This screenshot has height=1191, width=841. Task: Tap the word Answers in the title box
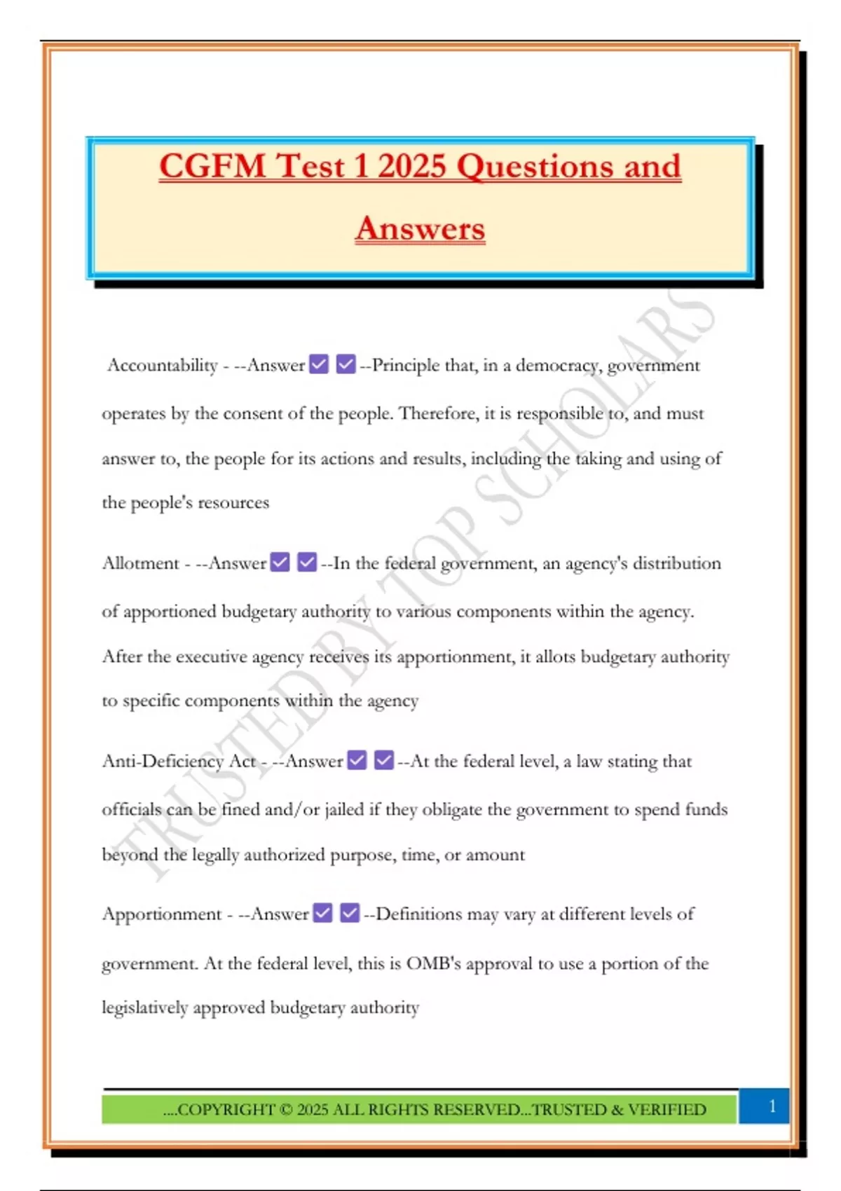tap(420, 228)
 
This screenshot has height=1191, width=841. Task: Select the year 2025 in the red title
tap(411, 167)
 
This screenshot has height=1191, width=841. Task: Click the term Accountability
tap(163, 365)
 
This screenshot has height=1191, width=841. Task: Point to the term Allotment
tap(141, 563)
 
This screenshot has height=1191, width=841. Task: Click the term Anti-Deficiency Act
tap(179, 761)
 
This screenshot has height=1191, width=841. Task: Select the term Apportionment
tap(162, 914)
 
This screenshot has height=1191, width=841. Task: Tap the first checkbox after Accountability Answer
tap(319, 364)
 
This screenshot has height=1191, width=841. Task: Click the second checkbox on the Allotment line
tap(307, 563)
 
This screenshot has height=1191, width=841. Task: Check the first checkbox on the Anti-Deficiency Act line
tap(357, 760)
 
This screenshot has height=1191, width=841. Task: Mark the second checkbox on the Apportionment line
tap(350, 913)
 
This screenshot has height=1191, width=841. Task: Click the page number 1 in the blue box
tap(772, 1106)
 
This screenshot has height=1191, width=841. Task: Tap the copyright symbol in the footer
tap(285, 1110)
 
